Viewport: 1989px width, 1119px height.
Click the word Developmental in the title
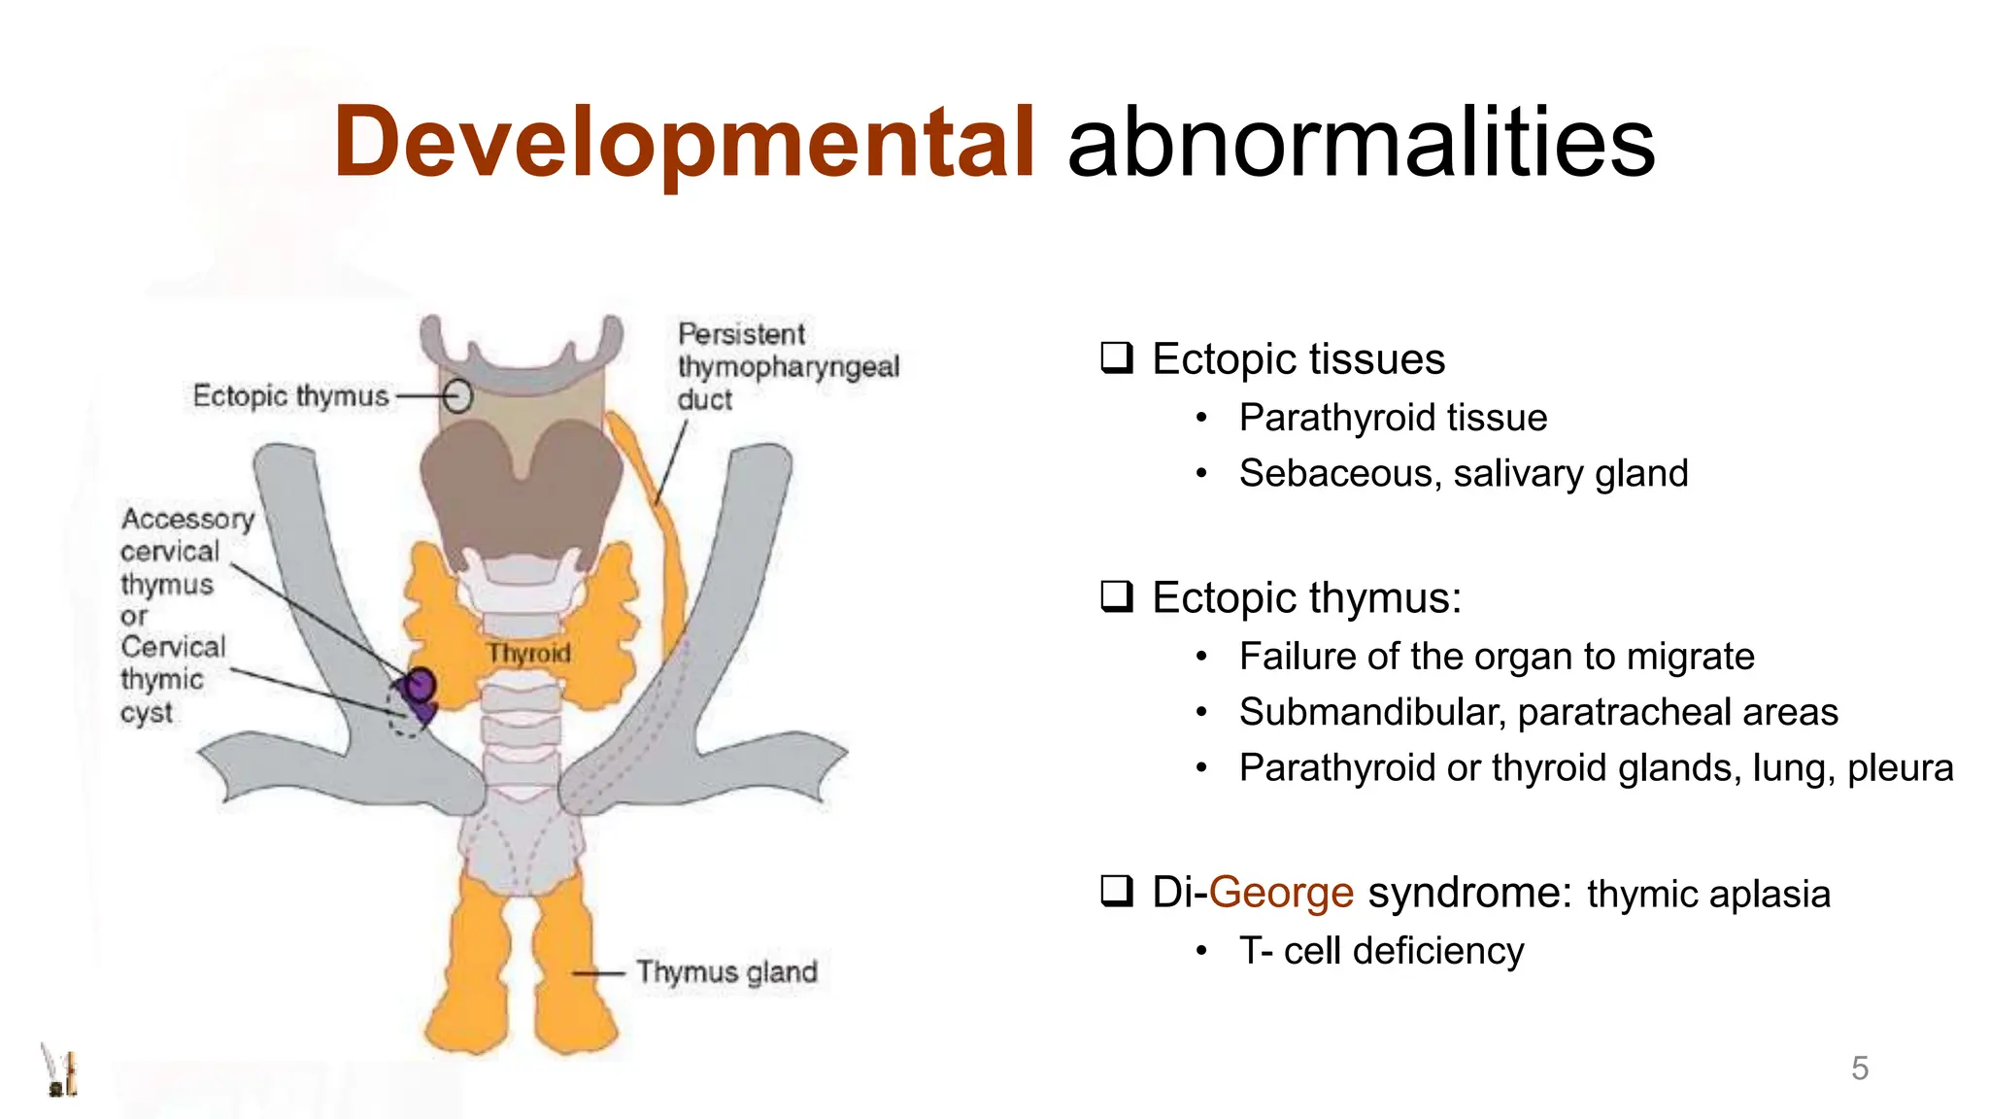coord(684,143)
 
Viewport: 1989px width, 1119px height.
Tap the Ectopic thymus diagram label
coord(290,396)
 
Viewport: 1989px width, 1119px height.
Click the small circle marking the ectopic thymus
coord(458,396)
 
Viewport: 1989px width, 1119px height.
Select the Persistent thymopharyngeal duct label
coord(787,366)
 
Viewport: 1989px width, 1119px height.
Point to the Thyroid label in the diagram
coord(529,653)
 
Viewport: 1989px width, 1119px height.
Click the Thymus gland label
coord(726,971)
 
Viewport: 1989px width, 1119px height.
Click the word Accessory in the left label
coord(187,519)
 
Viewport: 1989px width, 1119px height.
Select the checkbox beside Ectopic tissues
coord(1117,358)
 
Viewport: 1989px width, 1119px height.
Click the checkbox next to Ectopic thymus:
coord(1117,596)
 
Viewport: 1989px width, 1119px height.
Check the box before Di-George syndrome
coord(1117,891)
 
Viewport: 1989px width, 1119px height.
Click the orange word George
coord(1281,892)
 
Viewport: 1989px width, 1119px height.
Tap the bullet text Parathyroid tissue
coord(1393,418)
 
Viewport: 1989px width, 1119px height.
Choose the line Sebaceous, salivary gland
coord(1464,474)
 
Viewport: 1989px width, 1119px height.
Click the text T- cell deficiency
coord(1381,951)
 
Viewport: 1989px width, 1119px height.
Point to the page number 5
coord(1859,1068)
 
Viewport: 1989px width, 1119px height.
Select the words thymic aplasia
coord(1708,895)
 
